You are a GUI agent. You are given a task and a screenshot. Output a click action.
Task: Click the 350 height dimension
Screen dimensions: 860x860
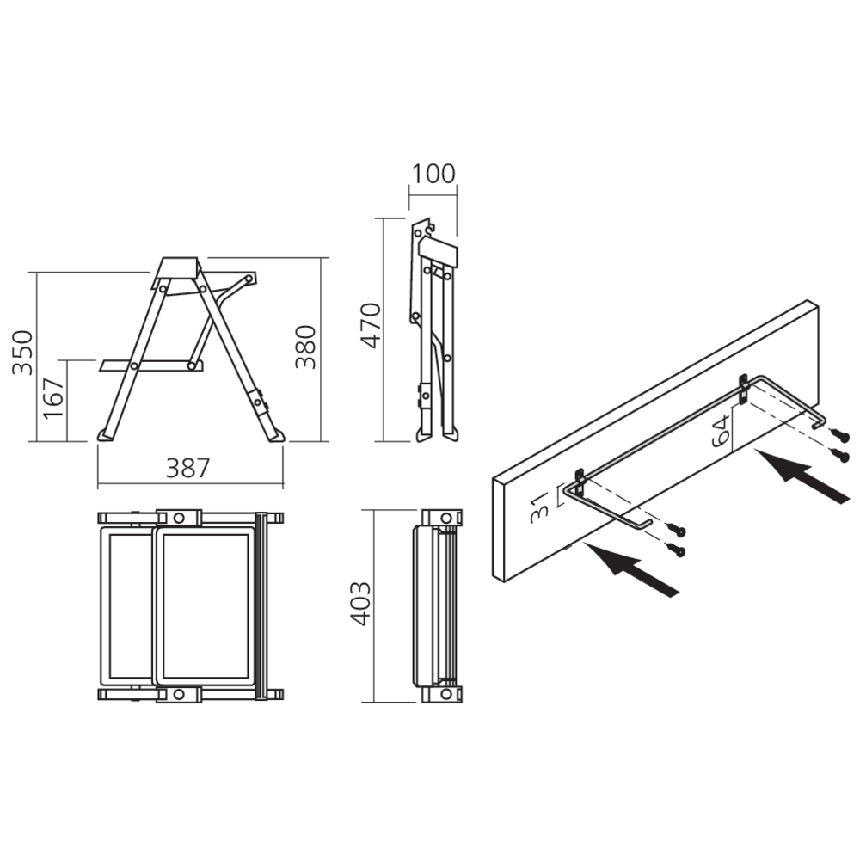tap(23, 353)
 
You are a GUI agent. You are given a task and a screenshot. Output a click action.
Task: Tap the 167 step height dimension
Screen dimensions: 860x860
tap(53, 398)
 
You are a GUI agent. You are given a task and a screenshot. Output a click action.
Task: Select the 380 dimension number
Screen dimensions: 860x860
tap(306, 347)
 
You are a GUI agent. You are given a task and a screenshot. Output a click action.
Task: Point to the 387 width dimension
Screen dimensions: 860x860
tap(188, 469)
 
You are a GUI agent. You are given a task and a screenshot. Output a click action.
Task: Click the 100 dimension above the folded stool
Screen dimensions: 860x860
tap(433, 174)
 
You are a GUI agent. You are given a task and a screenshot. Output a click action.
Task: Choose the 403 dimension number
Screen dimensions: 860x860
tap(360, 604)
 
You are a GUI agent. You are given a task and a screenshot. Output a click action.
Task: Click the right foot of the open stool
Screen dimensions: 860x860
tap(276, 435)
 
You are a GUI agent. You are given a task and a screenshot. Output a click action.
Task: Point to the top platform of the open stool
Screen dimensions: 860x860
tap(178, 268)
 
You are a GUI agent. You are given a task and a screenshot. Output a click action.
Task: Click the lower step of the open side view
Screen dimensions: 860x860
tap(152, 365)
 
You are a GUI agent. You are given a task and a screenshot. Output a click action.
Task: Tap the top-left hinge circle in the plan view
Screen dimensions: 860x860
tap(178, 517)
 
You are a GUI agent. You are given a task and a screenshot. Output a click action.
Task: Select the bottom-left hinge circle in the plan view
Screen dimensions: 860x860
tap(178, 695)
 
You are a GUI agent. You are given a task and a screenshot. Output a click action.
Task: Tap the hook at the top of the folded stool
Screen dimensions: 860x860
tap(428, 225)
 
